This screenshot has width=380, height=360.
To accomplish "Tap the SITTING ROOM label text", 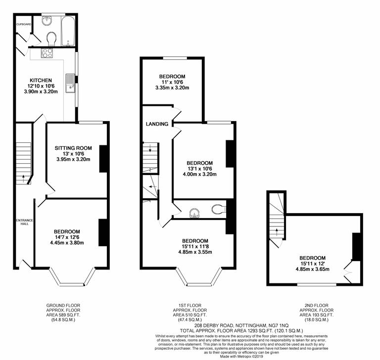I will (x=74, y=147).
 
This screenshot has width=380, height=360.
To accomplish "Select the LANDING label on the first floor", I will (x=157, y=124).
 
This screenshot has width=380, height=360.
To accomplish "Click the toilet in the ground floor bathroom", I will (x=50, y=38).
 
